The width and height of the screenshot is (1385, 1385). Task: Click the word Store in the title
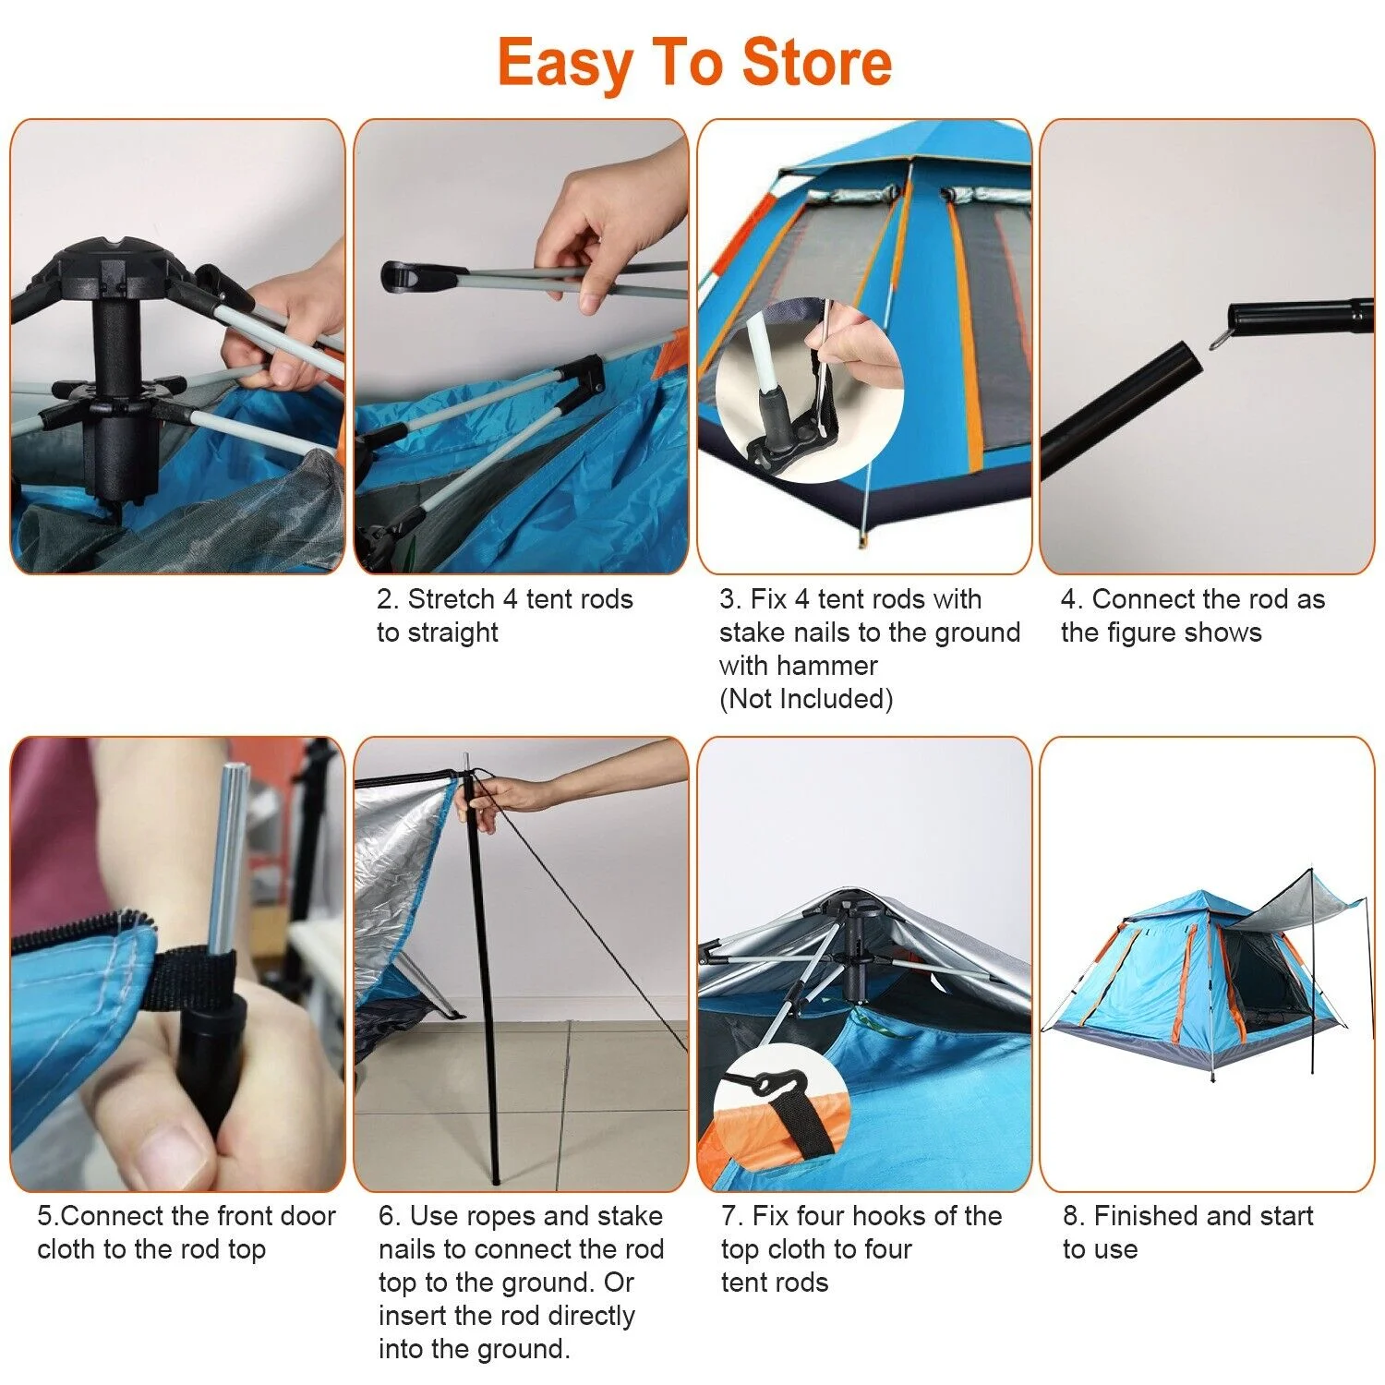(x=816, y=63)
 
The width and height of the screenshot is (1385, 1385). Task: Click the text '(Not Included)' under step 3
(x=806, y=699)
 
